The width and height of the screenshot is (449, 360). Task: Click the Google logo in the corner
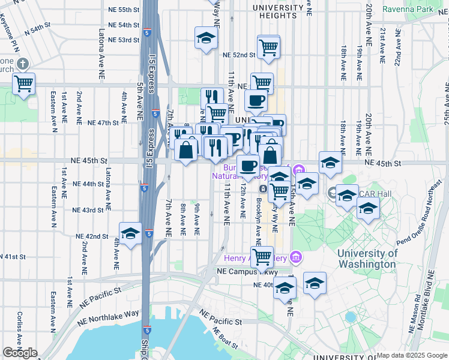tap(20, 353)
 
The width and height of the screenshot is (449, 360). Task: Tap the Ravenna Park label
tap(426, 10)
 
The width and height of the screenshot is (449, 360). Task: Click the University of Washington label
tap(367, 258)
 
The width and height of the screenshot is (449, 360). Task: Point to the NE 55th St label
tap(124, 10)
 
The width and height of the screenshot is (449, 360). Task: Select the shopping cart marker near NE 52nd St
tap(268, 47)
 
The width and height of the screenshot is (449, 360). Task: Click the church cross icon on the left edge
tap(23, 64)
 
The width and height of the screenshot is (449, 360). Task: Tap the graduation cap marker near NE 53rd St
tap(206, 38)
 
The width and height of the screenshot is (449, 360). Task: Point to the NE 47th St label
tap(103, 122)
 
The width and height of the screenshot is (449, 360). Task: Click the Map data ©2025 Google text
tap(410, 355)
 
